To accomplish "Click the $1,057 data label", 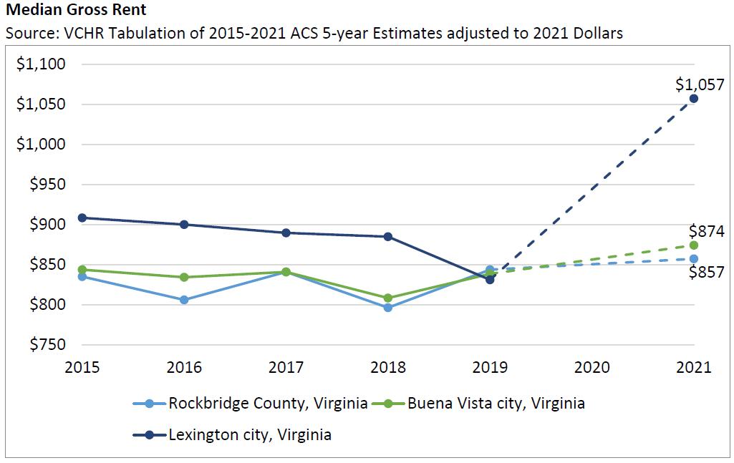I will [x=700, y=84].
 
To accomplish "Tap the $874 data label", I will [x=706, y=231].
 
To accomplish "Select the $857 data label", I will [x=706, y=272].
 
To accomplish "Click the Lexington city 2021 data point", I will [x=694, y=98].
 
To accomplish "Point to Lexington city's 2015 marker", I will [x=82, y=218].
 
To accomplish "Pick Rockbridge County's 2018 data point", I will [x=388, y=308].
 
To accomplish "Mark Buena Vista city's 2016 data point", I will [x=184, y=277].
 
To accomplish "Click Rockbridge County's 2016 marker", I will [x=184, y=300].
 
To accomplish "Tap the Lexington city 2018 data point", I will [x=388, y=236].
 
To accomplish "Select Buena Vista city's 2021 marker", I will [x=694, y=245].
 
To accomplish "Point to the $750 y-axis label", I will [x=46, y=345].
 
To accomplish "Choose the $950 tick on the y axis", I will [x=46, y=185].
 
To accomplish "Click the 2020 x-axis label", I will [x=591, y=368].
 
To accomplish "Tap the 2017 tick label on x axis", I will [x=286, y=368].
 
